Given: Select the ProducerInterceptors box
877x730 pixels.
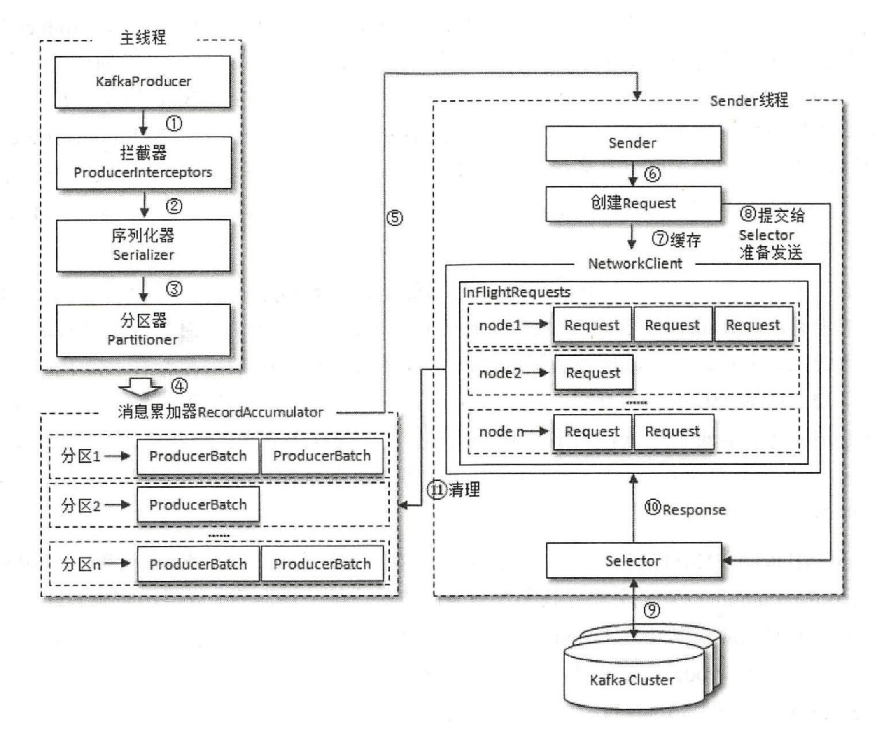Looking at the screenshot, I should coord(143,163).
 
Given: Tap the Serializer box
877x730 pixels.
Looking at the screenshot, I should coord(143,245).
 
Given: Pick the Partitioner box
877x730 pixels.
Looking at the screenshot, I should coord(143,330).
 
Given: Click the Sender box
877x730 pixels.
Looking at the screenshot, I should coord(633,143).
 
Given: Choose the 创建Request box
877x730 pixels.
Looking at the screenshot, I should coord(633,203).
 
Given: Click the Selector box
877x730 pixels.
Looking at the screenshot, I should coord(633,560).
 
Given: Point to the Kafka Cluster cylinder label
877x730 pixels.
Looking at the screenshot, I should coord(632,680).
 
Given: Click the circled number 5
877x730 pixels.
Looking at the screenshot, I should coord(394,218).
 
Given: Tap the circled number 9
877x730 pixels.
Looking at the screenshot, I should coord(652,610).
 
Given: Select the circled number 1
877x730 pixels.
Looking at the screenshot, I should coord(174,123).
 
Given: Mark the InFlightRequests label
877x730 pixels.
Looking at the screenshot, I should coord(516,292).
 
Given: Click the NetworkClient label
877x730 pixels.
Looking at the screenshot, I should coord(635,264).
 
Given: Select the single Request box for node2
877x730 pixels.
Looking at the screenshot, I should coord(593,373).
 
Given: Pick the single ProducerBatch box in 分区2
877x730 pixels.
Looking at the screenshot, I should coord(198,504).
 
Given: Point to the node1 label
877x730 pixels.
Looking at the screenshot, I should coord(499,325).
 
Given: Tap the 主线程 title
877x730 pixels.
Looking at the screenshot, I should coord(143,37).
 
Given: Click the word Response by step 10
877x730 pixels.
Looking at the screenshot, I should coord(694,510).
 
